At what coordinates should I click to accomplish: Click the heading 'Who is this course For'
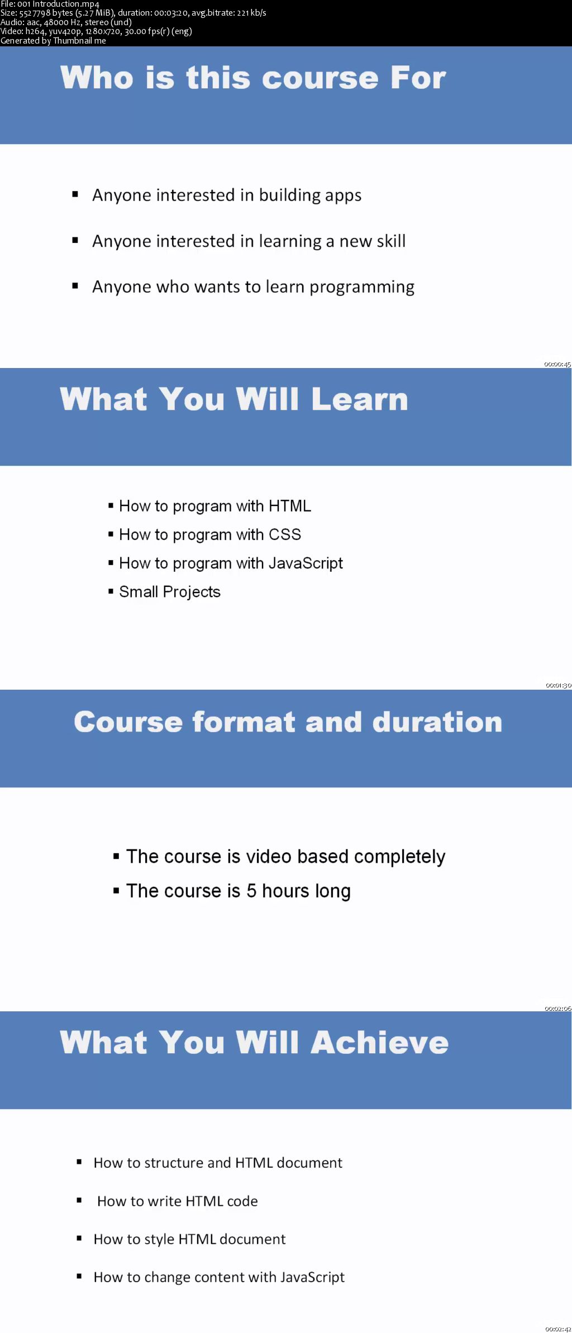[253, 77]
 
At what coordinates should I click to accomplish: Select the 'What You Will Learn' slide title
[234, 399]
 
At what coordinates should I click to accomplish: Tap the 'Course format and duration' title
[288, 722]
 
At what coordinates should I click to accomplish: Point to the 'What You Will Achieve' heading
[254, 1042]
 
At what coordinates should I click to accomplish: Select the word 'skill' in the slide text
[390, 241]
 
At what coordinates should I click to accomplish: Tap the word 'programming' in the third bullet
[362, 288]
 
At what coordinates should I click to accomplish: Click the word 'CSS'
[285, 534]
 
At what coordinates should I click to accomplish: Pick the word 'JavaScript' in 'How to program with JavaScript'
[306, 563]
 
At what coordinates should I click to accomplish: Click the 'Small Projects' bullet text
[170, 592]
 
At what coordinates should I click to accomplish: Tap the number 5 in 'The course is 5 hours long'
[251, 891]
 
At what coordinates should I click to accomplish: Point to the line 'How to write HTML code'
[178, 1201]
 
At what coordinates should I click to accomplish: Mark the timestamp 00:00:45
[557, 364]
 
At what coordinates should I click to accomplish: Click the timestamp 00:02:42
[558, 1329]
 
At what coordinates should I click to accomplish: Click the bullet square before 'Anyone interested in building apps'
[75, 194]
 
